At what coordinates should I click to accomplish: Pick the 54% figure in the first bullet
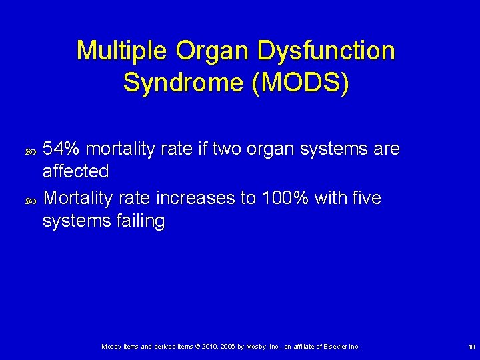61,149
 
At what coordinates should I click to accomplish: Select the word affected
75,171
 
